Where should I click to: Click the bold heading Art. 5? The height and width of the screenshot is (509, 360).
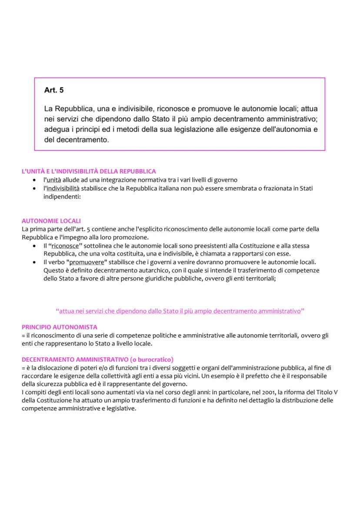tap(54, 90)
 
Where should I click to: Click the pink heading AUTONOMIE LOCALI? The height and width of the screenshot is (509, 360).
tap(51, 221)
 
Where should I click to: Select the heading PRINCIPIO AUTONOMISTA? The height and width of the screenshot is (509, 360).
tap(60, 327)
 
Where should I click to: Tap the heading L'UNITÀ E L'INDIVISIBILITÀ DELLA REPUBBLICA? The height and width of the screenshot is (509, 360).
tap(89, 172)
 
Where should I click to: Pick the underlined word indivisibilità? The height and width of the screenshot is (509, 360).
tap(63, 188)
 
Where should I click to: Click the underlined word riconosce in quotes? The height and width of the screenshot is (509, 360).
tap(66, 246)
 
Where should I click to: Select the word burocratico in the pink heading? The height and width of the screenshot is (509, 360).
tap(155, 359)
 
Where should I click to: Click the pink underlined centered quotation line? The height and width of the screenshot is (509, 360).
tap(180, 311)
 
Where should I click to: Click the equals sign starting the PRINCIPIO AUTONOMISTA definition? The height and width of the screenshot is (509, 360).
tap(23, 335)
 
